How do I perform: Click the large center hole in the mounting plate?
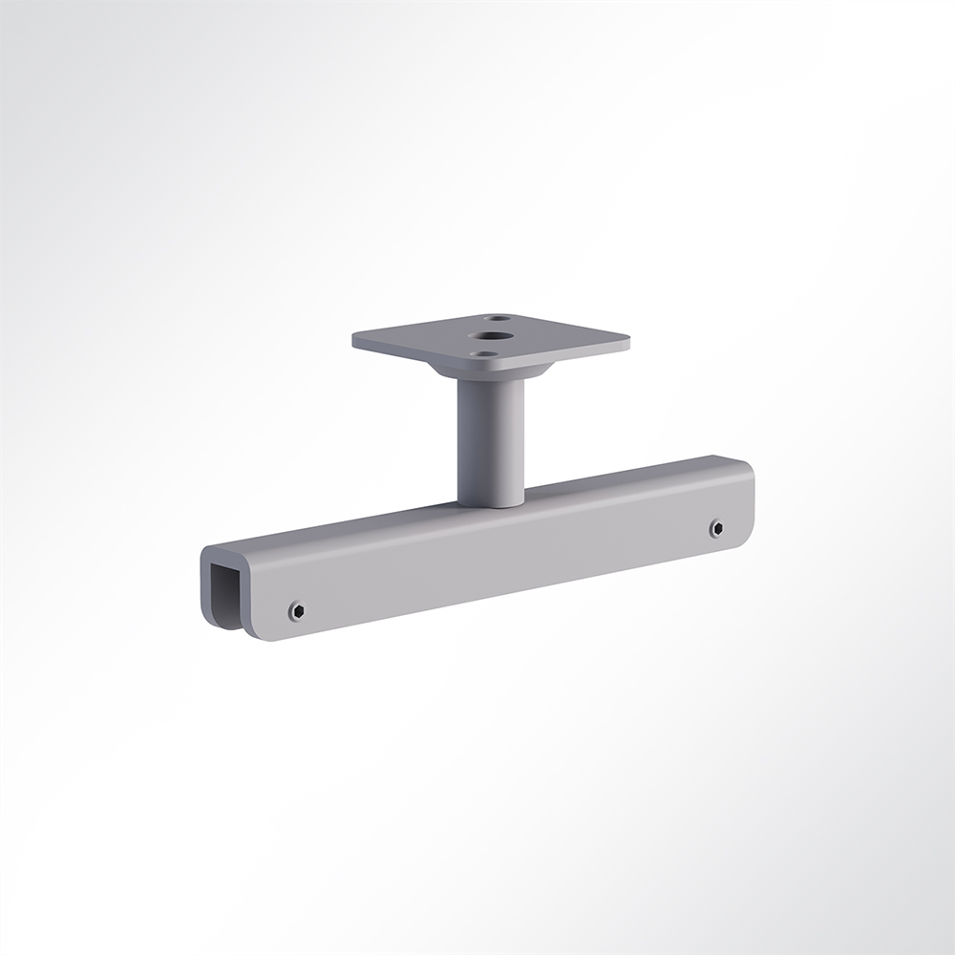[x=496, y=335]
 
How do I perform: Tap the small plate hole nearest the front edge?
[x=487, y=354]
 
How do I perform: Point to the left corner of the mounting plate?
[x=355, y=339]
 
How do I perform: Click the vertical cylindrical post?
[x=490, y=435]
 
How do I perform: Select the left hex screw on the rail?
[x=297, y=610]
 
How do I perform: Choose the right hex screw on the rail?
[x=716, y=528]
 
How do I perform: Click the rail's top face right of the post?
[x=630, y=476]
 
